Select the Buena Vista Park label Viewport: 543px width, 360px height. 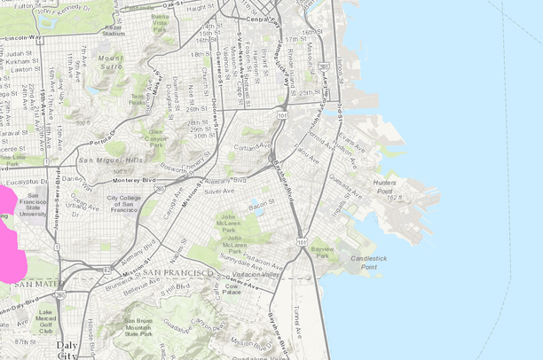tap(160, 20)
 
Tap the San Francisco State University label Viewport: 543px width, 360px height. tap(34, 204)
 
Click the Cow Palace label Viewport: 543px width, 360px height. tap(232, 289)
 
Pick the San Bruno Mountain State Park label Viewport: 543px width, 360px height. tap(140, 326)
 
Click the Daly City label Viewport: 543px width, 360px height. tap(66, 348)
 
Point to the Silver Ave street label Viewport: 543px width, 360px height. tap(219, 191)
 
